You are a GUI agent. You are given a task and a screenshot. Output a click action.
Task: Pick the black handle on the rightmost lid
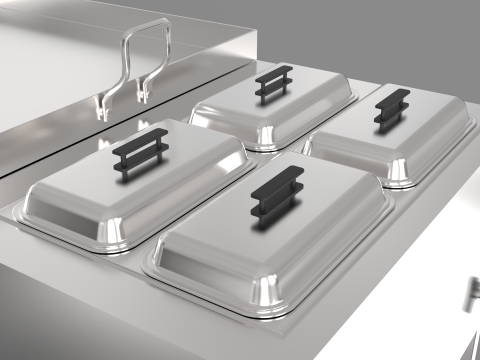coord(391,109)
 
